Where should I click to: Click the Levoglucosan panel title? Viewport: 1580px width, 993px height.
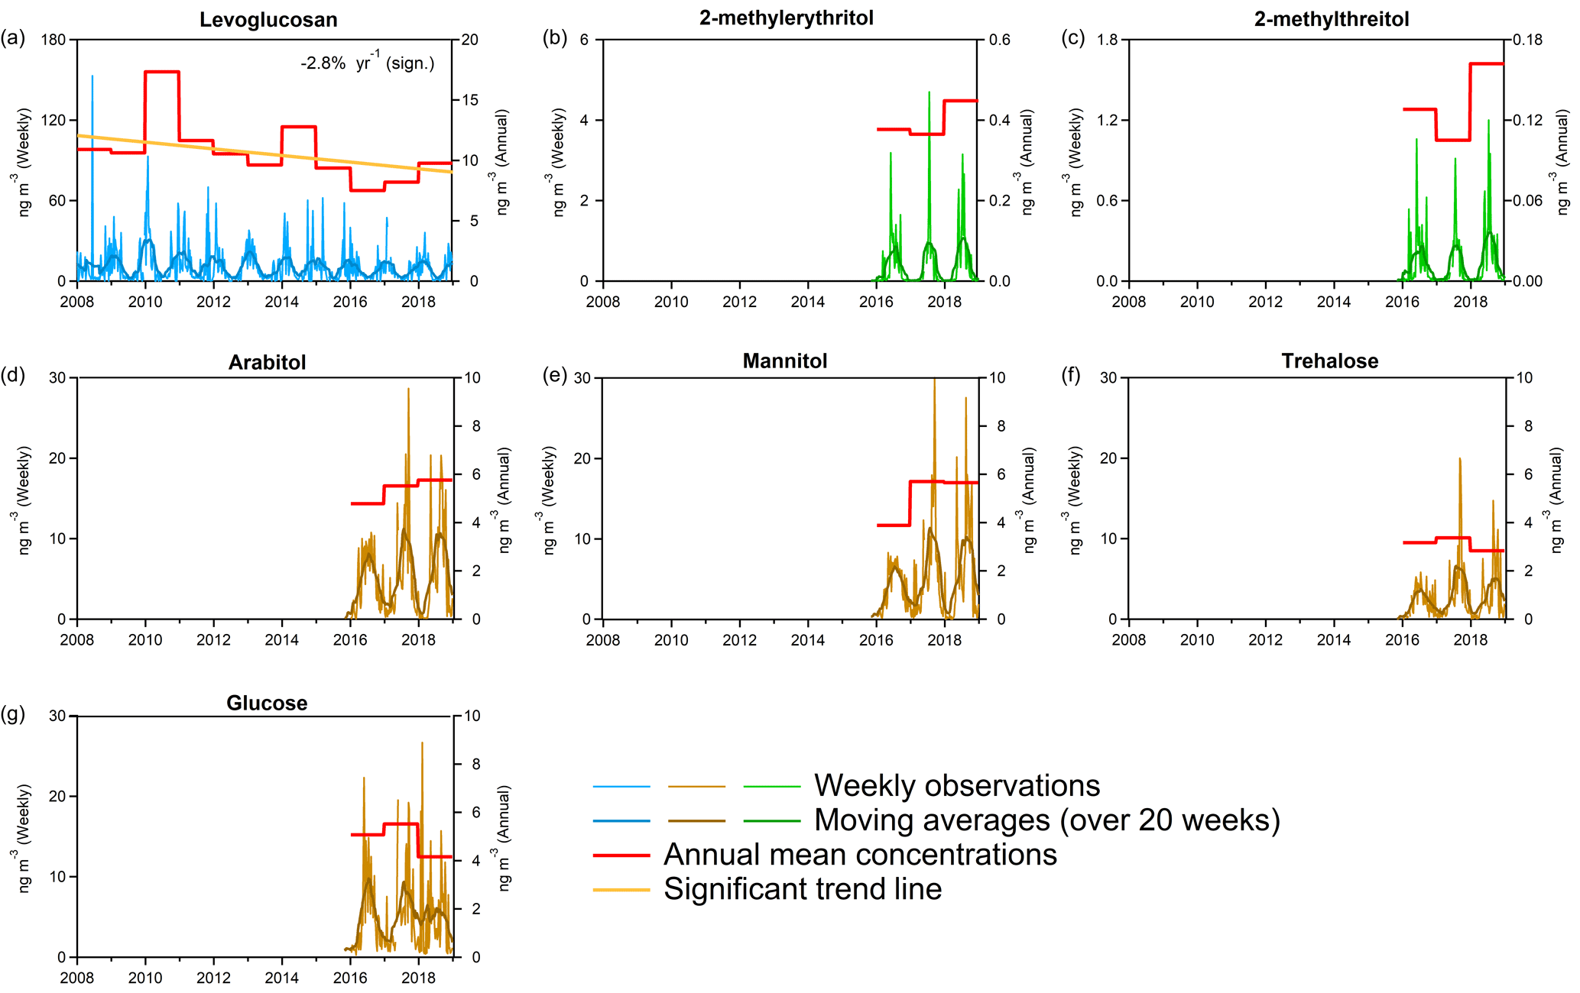point(268,20)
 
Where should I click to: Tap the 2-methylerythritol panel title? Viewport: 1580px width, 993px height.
point(786,18)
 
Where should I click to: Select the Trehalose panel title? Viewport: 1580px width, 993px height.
point(1329,361)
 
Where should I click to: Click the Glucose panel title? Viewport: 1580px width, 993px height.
point(267,704)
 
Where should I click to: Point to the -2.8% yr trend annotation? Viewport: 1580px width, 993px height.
point(367,63)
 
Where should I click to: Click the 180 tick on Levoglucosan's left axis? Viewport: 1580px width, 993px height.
point(54,40)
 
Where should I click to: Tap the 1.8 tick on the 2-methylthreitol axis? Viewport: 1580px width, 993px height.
point(1108,40)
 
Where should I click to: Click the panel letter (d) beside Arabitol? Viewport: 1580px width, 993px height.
point(13,375)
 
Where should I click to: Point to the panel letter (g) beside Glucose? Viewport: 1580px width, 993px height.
point(13,713)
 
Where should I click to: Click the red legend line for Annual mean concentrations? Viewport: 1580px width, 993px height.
point(621,856)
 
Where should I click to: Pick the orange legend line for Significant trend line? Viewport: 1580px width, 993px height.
point(621,890)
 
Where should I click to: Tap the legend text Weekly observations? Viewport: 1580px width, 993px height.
point(957,786)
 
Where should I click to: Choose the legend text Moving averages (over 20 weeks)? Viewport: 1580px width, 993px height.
point(1046,820)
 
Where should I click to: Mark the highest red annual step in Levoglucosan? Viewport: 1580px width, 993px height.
point(162,72)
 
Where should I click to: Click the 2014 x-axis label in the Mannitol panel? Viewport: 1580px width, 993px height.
point(807,641)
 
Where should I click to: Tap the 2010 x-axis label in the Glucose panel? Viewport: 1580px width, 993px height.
point(145,978)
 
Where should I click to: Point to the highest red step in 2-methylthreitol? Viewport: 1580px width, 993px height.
point(1487,63)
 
